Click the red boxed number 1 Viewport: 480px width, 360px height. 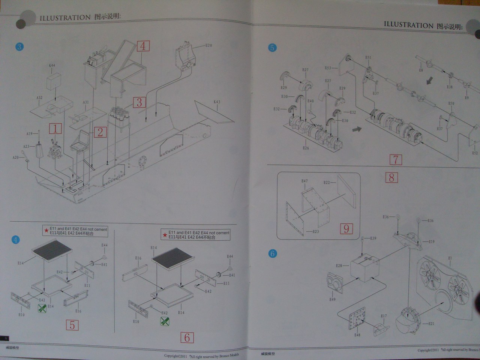click(55, 129)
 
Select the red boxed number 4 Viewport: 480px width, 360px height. click(143, 46)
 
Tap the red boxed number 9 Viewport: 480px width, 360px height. click(346, 228)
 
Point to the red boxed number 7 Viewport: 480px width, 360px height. click(395, 160)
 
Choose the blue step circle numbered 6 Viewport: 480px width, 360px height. click(273, 253)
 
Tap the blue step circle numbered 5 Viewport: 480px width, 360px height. click(272, 48)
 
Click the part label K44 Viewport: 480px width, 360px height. click(52, 65)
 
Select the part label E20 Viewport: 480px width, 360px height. click(208, 45)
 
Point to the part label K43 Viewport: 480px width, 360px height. click(217, 102)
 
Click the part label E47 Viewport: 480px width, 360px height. click(304, 181)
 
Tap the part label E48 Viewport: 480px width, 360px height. click(357, 334)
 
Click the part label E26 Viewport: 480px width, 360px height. click(306, 148)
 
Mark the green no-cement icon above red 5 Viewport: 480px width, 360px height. click(42, 309)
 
